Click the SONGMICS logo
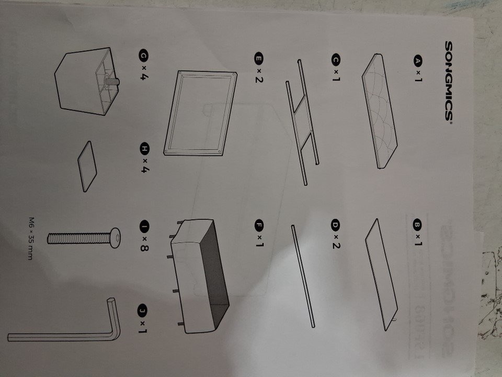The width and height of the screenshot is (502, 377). coord(449,81)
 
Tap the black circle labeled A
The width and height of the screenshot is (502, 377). coord(418,61)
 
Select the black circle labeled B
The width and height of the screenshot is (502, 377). coord(417,225)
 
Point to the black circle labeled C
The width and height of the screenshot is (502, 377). coord(336,60)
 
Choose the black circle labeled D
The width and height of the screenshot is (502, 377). coord(335,225)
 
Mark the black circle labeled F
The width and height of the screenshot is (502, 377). coord(259,225)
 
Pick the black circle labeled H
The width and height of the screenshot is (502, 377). coord(145,148)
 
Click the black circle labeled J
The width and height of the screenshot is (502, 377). coord(142,311)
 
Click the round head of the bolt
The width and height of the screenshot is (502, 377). coord(115,238)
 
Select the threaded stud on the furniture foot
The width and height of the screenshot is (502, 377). coord(112,82)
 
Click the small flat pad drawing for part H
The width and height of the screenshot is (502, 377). coord(87,167)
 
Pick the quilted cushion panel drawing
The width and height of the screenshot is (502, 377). coord(380,111)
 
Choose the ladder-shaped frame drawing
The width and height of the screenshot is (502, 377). coord(302,122)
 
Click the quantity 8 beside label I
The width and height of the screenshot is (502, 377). coord(144,247)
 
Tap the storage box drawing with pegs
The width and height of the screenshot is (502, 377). coord(199,276)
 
